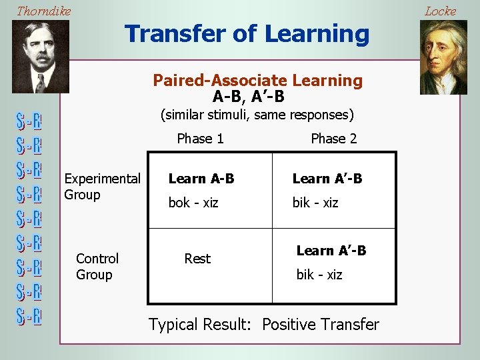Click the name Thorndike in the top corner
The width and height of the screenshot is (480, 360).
(43, 11)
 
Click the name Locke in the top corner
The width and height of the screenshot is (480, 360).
(440, 11)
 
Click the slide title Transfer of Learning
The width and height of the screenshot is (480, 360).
(247, 33)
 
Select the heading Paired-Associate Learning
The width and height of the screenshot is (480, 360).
(257, 81)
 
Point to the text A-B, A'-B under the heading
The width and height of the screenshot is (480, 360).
(248, 97)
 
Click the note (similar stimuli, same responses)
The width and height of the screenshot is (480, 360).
(257, 115)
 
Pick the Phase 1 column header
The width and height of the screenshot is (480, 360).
(200, 139)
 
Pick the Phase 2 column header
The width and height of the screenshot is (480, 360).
(333, 139)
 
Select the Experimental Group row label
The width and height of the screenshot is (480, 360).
(102, 187)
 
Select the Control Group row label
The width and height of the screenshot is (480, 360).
(97, 267)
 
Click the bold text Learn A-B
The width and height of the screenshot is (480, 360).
(201, 179)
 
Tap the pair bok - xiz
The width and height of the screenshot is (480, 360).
(193, 203)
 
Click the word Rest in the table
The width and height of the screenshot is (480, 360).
(197, 259)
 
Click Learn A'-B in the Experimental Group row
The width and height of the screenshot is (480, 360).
(327, 179)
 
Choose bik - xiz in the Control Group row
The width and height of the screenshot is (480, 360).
(319, 275)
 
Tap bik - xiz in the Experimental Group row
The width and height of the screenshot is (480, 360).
(315, 203)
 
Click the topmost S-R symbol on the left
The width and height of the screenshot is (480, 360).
(29, 122)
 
